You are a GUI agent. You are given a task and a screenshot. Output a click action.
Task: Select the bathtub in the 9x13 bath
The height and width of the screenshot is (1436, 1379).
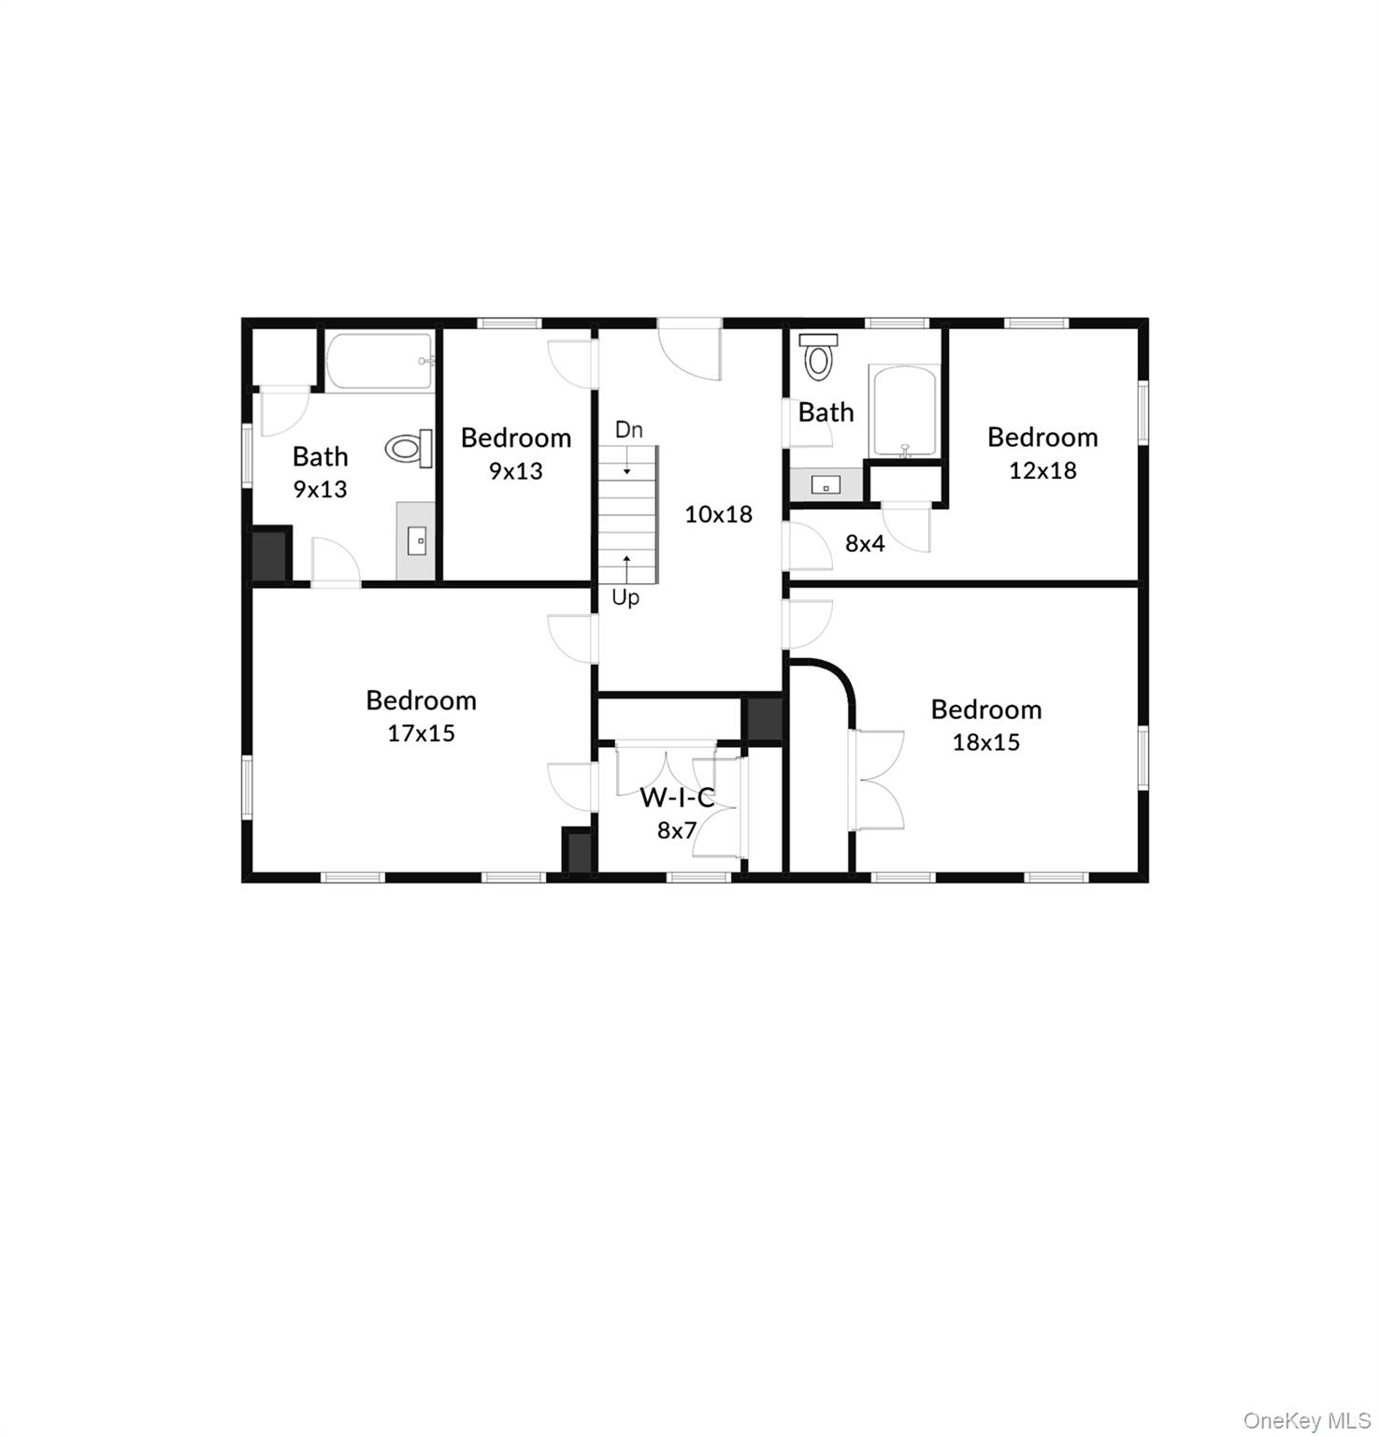[x=380, y=361]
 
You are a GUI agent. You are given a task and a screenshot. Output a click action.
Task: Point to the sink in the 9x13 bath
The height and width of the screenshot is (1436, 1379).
[x=417, y=540]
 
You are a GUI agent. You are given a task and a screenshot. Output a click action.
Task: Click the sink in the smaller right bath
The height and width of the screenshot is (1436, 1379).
[x=826, y=484]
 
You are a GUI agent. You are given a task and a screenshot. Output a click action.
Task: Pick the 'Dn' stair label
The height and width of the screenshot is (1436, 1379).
[x=628, y=430]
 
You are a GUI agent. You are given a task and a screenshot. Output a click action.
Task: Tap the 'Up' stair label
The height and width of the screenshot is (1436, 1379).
[x=625, y=596]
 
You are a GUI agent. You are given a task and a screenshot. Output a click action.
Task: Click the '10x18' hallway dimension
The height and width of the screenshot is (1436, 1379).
[x=718, y=513]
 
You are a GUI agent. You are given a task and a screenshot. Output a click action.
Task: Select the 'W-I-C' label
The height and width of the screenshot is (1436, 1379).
[x=677, y=797]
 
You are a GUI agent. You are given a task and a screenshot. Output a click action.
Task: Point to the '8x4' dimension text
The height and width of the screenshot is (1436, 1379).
[x=865, y=543]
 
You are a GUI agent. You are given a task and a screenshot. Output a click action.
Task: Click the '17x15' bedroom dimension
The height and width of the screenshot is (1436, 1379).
[x=421, y=733]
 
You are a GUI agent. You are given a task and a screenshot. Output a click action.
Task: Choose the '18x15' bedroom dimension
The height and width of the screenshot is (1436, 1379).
[x=985, y=742]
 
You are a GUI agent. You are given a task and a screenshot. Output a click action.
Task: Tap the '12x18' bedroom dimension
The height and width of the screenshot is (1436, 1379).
[x=1042, y=470]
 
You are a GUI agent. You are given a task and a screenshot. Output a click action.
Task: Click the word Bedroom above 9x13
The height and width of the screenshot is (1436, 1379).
[x=516, y=438]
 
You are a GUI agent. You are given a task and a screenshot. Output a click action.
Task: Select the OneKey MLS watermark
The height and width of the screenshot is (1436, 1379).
[x=1306, y=1421]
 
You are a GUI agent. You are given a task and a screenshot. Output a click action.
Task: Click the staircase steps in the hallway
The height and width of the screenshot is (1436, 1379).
[x=628, y=514]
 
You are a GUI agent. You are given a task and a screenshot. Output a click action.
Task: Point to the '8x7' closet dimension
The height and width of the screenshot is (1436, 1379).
[x=677, y=830]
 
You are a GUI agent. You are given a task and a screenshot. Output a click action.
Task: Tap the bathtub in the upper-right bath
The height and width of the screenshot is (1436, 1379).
[x=903, y=411]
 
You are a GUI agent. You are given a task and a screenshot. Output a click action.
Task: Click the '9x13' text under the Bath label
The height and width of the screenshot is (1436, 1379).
[x=320, y=489]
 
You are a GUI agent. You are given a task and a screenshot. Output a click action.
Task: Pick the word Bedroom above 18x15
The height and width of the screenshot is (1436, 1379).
[x=985, y=710]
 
